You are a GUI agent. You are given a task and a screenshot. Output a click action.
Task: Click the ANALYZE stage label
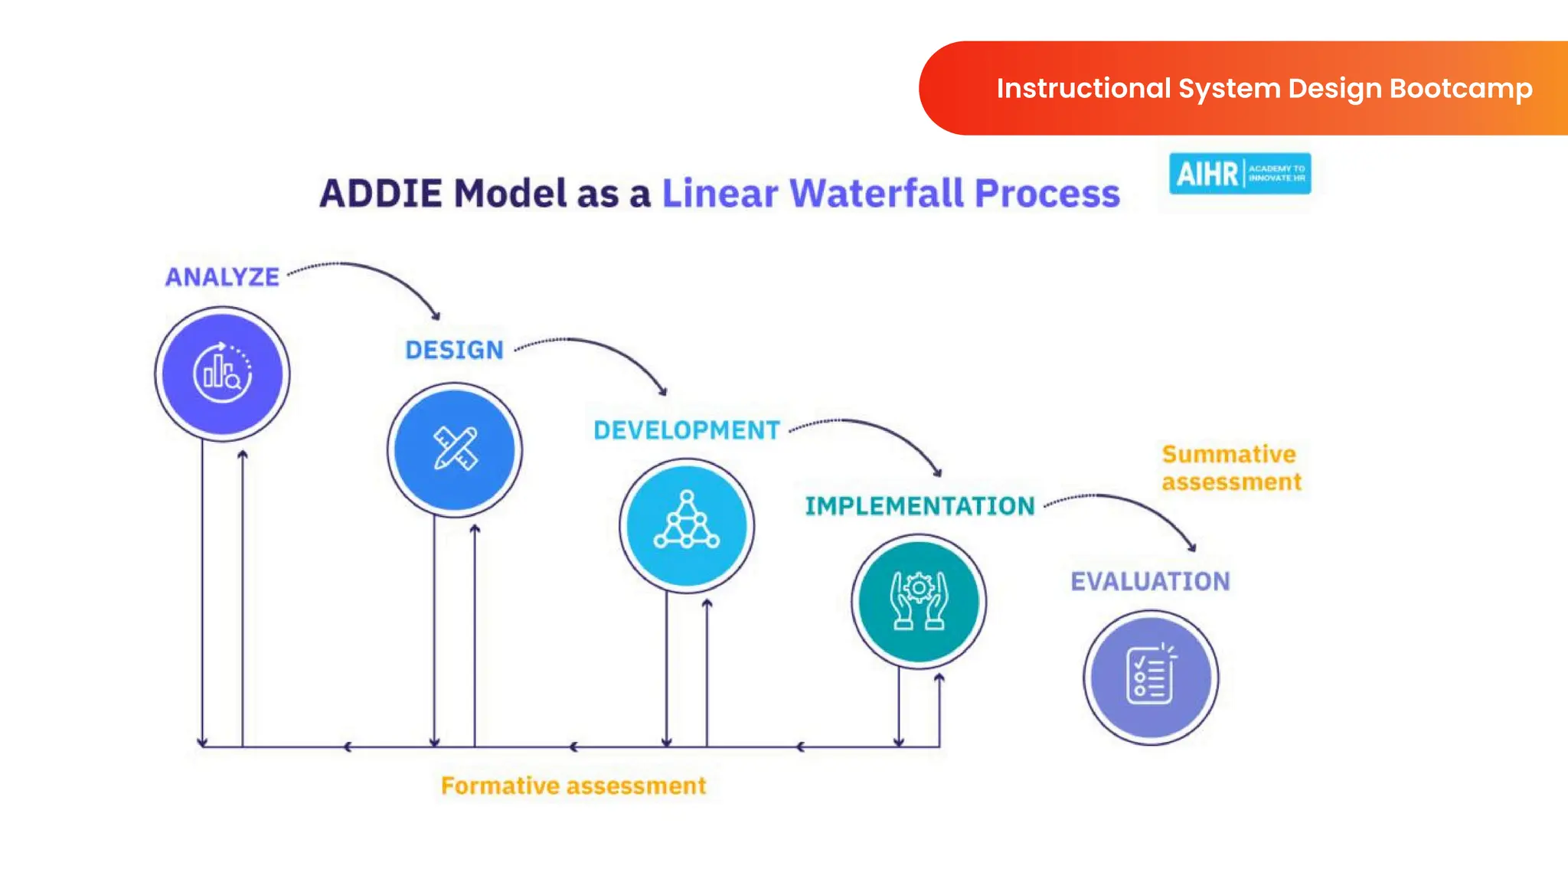[x=222, y=276]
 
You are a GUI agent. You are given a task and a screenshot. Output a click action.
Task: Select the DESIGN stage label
[x=454, y=350]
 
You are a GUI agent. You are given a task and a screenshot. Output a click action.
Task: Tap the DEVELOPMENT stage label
[x=687, y=430]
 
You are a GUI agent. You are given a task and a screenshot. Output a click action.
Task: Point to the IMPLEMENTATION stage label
[x=920, y=506]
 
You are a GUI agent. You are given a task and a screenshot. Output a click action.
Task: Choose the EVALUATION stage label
[x=1150, y=581]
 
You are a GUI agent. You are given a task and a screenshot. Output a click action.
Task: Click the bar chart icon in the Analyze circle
[x=222, y=374]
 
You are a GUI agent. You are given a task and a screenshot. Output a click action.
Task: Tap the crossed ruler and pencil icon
[x=455, y=449]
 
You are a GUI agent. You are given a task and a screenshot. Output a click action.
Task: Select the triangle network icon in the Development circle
[x=687, y=521]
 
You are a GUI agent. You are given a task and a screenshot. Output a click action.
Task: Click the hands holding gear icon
[x=919, y=601]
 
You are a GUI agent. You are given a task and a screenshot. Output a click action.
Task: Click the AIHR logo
[x=1240, y=174]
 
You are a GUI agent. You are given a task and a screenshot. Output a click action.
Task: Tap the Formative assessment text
[x=573, y=786]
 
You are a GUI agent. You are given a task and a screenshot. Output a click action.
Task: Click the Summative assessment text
[x=1231, y=468]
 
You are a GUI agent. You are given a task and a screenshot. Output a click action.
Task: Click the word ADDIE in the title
[x=381, y=193]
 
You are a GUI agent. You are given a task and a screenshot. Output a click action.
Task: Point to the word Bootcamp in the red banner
[x=1461, y=89]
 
